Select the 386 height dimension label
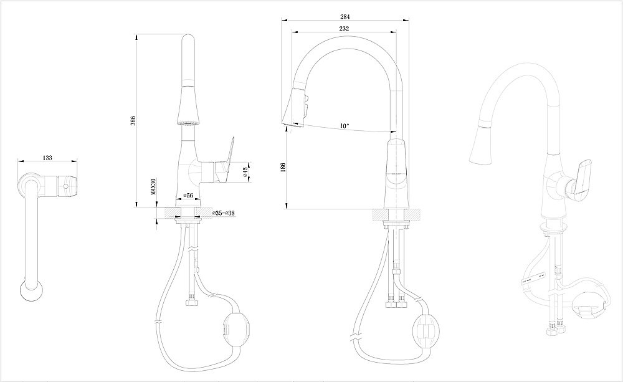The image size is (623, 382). [133, 120]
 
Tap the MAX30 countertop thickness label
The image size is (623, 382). [153, 188]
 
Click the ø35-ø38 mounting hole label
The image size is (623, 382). [222, 213]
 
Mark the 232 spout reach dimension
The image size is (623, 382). [344, 29]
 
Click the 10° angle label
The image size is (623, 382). [344, 125]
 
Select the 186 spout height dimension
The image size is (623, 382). [283, 167]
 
